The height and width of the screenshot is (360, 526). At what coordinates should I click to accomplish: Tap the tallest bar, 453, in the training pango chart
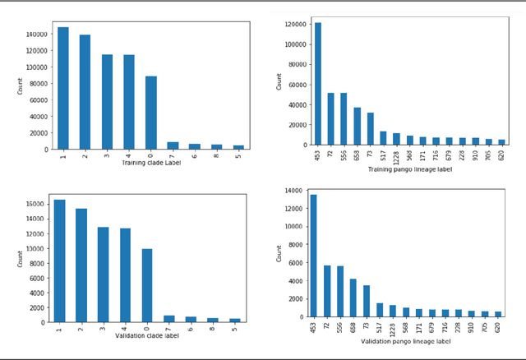(317, 83)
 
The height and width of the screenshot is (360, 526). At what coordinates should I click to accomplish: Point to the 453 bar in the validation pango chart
(312, 256)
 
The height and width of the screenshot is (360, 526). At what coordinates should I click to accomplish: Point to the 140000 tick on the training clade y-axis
(35, 35)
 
